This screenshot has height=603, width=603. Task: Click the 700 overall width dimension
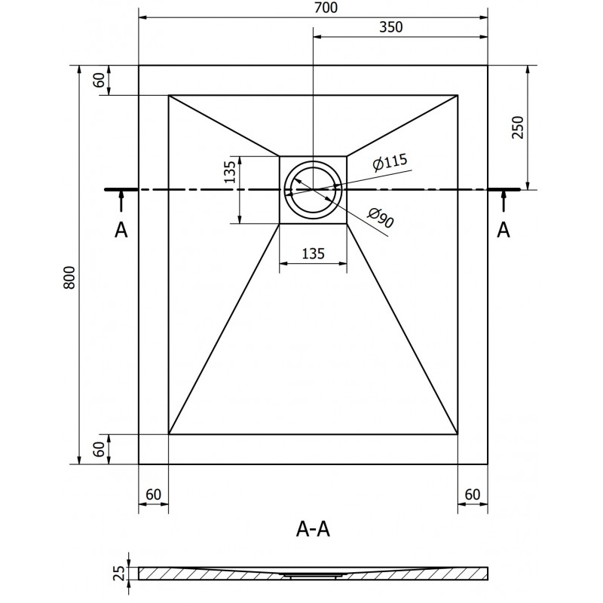click(313, 8)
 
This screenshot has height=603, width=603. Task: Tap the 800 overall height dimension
click(69, 279)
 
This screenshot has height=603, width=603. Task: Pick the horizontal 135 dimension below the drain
click(313, 254)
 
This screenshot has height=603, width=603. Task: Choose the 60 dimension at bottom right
click(473, 494)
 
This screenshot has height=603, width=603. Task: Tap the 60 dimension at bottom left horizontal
click(153, 494)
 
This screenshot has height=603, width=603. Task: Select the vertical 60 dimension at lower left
click(99, 449)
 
